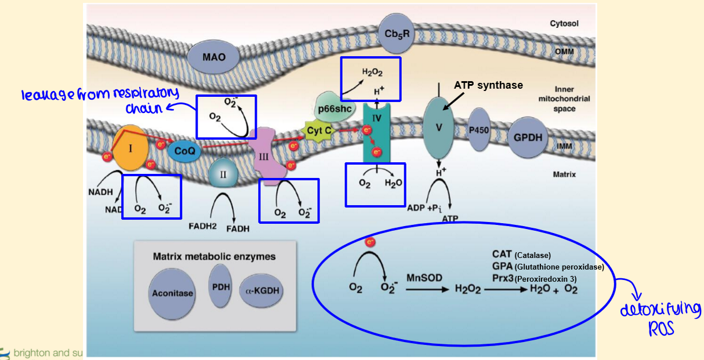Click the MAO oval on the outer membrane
214,57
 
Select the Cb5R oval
397,34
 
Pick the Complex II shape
223,172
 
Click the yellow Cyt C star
320,130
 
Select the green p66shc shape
335,108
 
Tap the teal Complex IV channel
378,132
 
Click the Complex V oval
440,128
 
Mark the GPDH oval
527,137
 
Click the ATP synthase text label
488,85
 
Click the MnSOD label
424,278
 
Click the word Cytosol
564,24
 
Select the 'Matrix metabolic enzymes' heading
214,256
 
